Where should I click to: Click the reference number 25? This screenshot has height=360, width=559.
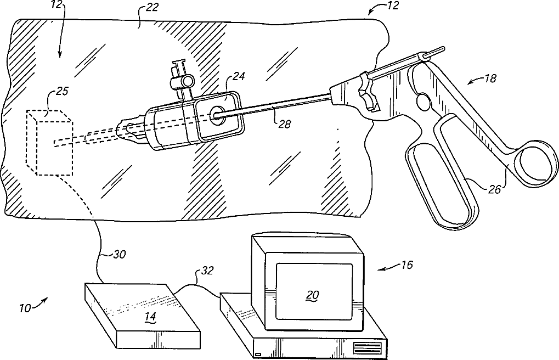(x=62, y=92)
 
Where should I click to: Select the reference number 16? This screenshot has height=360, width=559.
(x=406, y=265)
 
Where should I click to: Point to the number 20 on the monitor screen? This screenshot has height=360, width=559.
(x=312, y=295)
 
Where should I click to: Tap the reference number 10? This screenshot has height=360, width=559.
(x=26, y=308)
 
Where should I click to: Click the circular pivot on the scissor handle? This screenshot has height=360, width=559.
(x=424, y=102)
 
